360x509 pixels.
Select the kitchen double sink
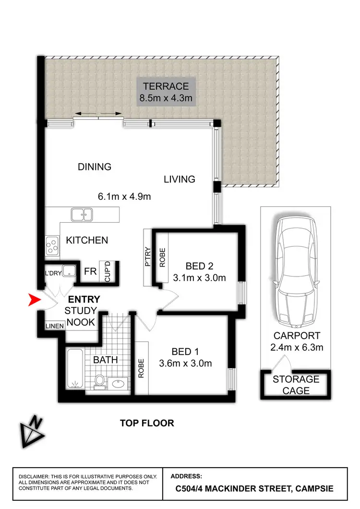(82, 215)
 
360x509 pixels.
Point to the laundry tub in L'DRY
(70, 271)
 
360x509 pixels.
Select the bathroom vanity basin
(117, 384)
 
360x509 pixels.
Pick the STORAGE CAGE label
(296, 385)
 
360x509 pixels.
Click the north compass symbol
(32, 429)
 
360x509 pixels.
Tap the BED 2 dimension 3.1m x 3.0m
(200, 278)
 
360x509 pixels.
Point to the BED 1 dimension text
(186, 364)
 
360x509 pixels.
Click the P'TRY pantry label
(148, 257)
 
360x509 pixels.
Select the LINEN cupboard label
(54, 326)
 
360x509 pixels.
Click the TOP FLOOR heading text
(147, 423)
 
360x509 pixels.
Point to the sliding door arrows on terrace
(99, 114)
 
